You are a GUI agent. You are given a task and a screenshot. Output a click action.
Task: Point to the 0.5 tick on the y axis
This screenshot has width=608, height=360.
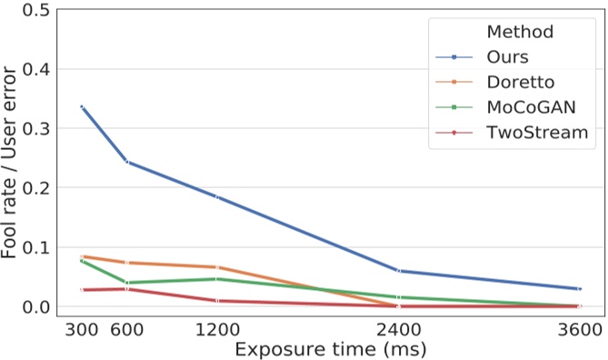click(35, 10)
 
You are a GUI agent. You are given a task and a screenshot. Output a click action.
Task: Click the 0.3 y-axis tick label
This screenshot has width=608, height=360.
click(35, 128)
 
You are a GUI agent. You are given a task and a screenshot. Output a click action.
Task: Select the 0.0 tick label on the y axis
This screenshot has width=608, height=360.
click(35, 306)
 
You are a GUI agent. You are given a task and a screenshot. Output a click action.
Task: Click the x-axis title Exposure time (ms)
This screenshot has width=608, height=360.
click(329, 349)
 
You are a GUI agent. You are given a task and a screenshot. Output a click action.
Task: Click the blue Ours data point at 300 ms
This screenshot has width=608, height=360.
click(82, 106)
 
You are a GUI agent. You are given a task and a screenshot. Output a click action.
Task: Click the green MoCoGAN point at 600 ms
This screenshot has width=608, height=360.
click(127, 283)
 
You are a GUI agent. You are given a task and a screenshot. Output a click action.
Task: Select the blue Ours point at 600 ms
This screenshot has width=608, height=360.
click(127, 162)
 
